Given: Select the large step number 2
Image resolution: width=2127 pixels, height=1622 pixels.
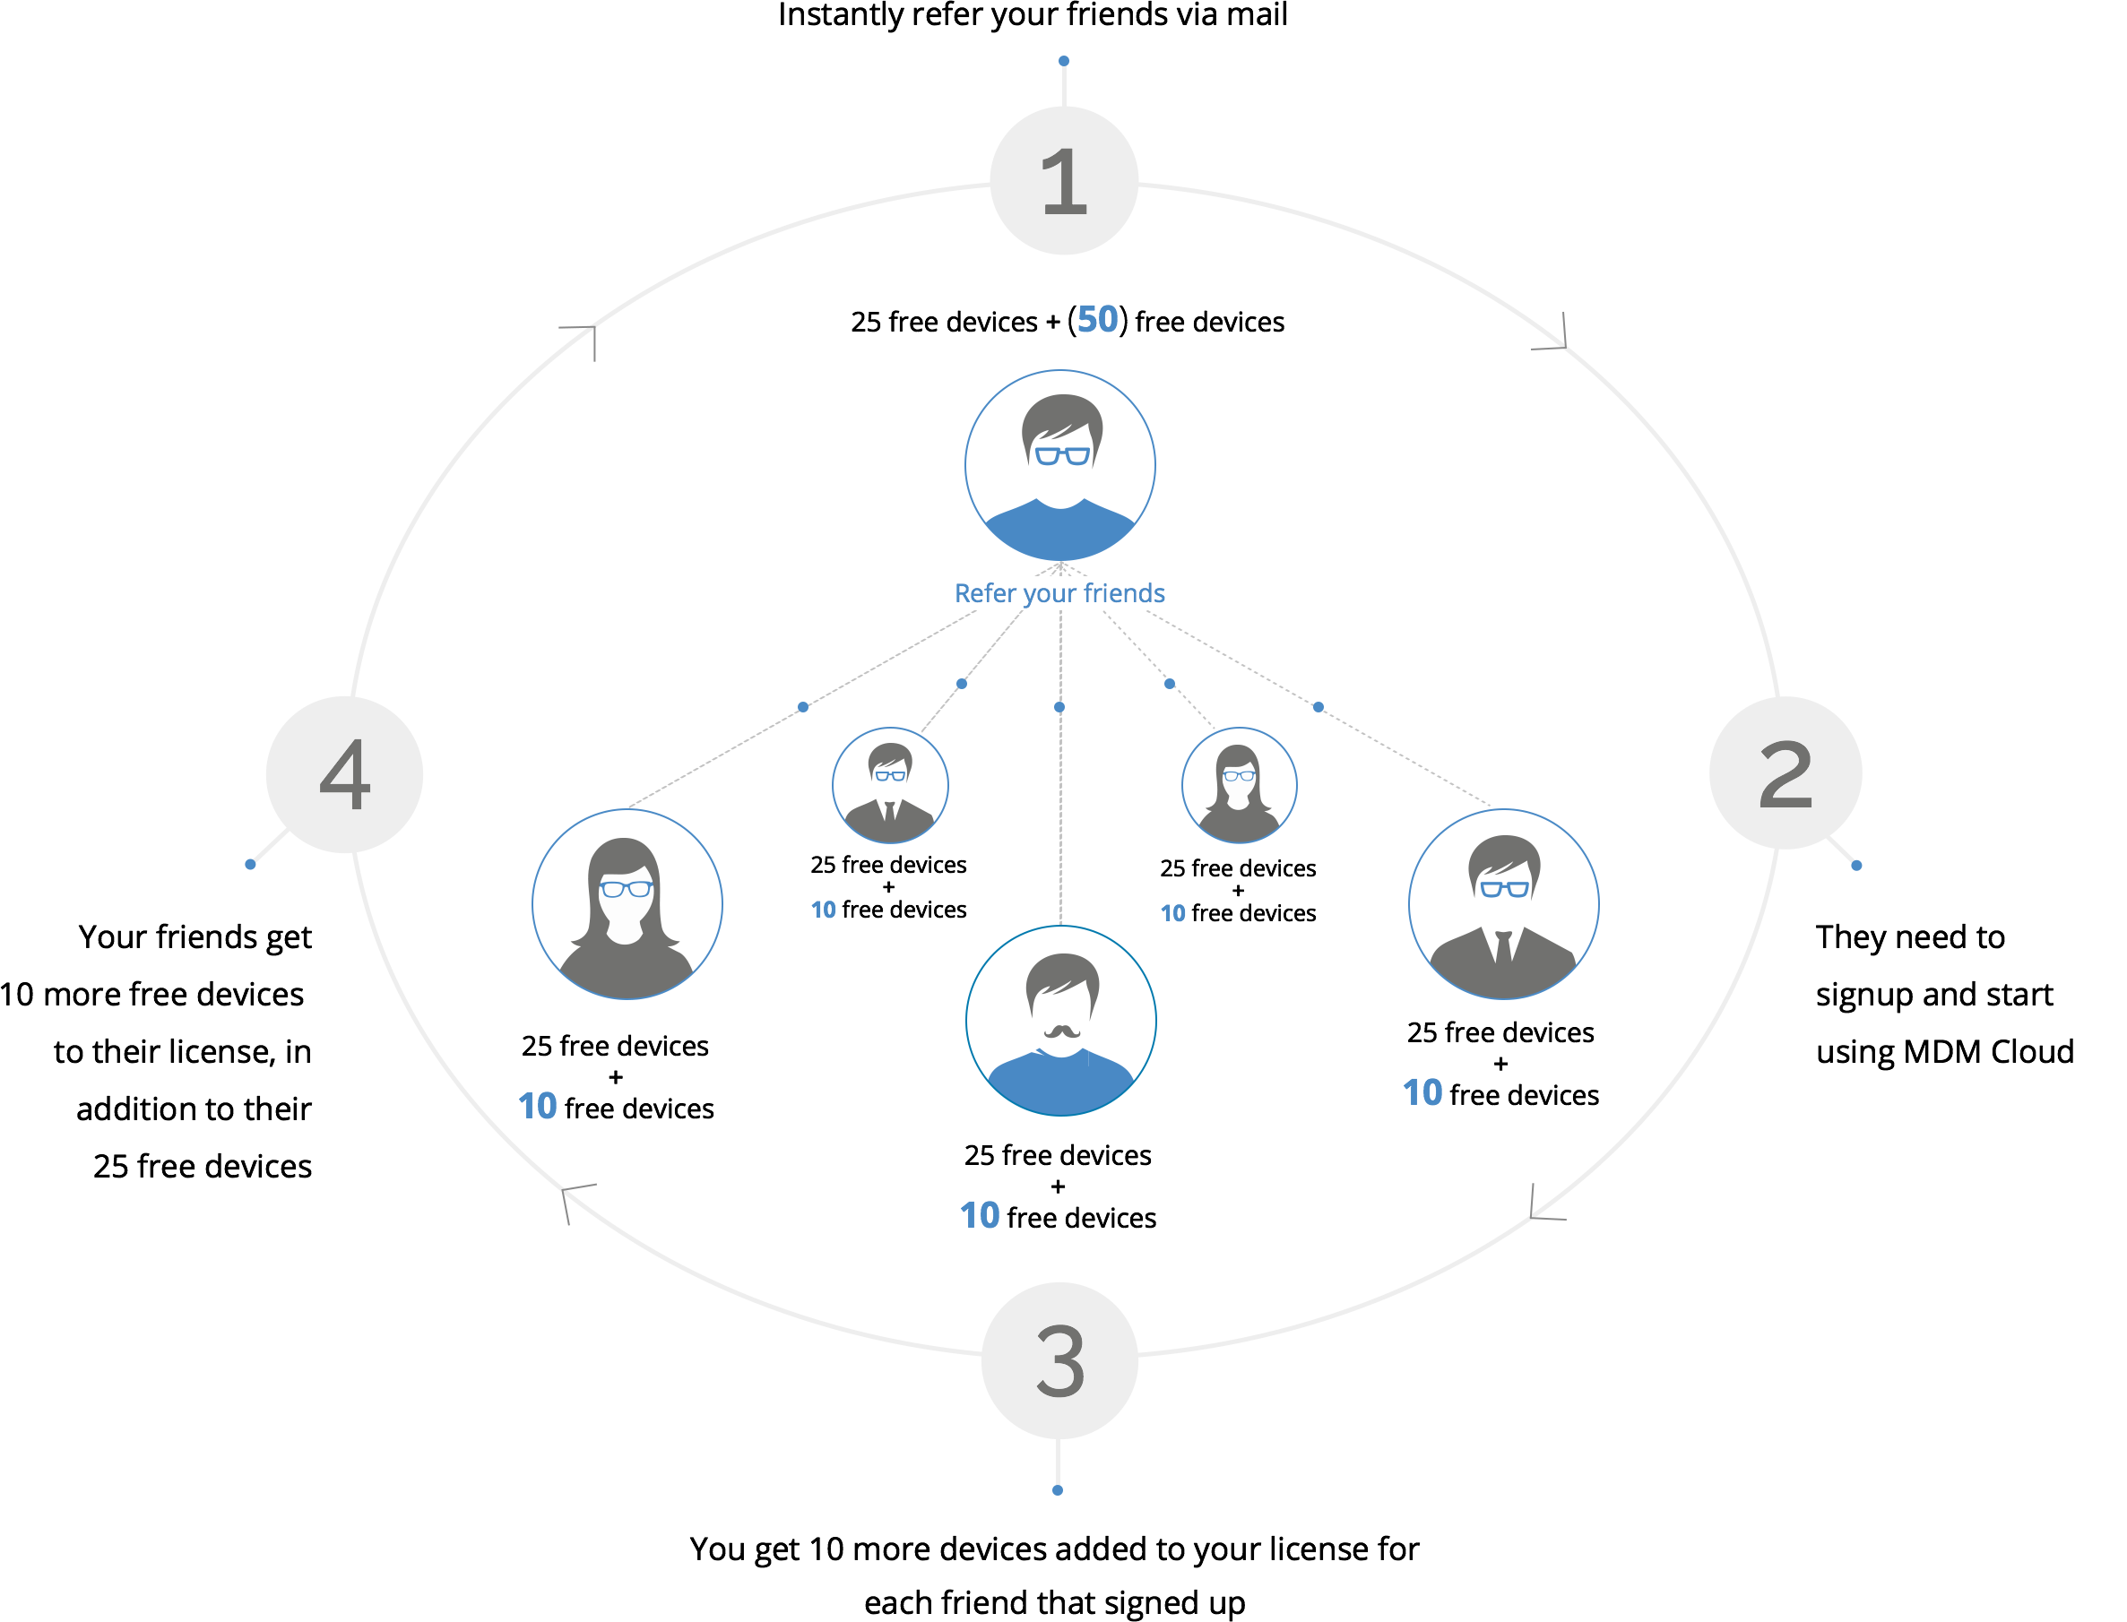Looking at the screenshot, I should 1785,774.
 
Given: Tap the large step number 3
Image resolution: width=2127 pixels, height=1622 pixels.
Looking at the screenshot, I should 1060,1361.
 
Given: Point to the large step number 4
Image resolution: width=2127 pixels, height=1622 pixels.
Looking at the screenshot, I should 345,774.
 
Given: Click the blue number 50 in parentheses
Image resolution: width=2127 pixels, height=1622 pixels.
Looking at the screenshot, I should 1097,320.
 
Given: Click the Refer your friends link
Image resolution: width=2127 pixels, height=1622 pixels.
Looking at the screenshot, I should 1059,593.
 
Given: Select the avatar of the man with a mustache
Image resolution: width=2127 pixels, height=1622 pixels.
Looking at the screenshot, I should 1061,1021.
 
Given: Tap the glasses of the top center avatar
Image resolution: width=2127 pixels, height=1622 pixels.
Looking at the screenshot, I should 1062,454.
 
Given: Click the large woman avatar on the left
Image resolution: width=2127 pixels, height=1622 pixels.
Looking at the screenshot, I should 627,905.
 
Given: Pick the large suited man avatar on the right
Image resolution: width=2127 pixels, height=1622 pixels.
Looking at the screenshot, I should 1503,905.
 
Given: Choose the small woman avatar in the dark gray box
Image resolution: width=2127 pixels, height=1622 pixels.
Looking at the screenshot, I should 1239,785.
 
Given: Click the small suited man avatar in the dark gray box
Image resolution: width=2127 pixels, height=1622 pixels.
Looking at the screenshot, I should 890,785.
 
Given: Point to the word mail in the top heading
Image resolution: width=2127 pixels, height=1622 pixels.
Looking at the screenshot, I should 1256,14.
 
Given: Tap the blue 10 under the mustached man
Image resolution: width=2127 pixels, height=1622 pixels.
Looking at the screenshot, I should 979,1215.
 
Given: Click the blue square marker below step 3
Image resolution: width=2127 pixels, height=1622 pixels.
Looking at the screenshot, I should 1057,1489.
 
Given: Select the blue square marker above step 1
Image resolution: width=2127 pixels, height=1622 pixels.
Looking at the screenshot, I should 1063,61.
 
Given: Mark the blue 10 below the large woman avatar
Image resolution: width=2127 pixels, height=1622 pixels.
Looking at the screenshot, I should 537,1106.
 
